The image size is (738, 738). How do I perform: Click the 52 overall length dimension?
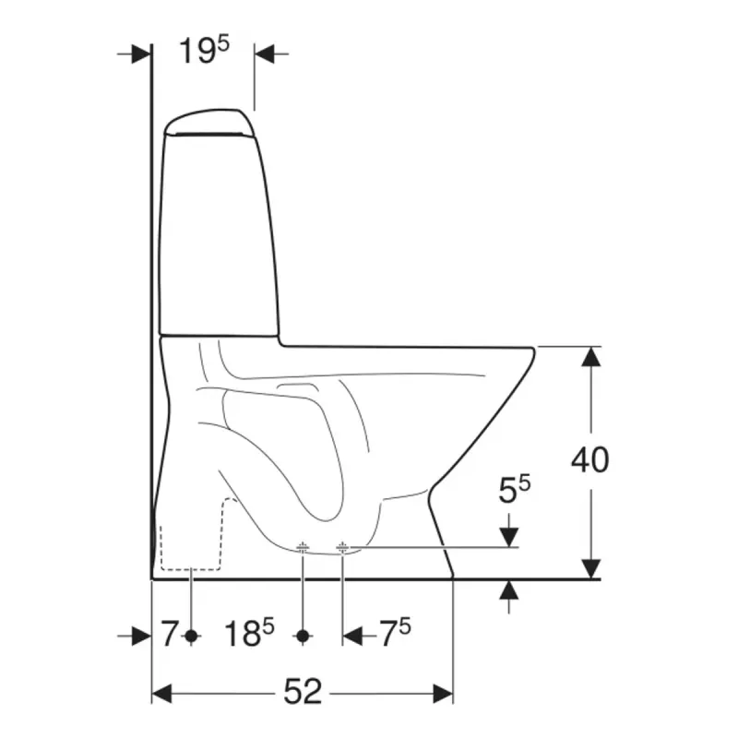pos(303,691)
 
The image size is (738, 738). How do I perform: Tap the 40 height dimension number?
pos(589,459)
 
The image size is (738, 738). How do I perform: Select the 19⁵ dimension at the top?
pos(204,51)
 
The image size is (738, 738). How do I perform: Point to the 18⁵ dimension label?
pos(249,633)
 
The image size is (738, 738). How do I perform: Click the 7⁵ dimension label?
pos(395,633)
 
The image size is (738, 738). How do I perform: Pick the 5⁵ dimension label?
pos(515,489)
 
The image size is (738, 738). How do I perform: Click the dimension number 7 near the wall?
pos(169,634)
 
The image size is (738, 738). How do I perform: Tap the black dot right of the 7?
pos(191,636)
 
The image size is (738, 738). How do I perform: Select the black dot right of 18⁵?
pos(303,636)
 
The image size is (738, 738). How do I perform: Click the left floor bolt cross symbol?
pos(303,547)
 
